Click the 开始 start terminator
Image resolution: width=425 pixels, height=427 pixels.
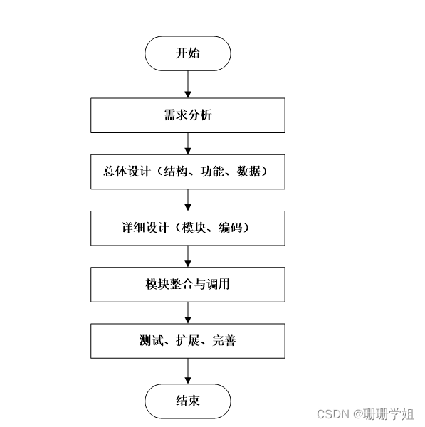tap(188, 53)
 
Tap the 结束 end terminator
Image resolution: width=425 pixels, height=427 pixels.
tap(188, 401)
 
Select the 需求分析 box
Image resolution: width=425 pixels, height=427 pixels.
tap(188, 115)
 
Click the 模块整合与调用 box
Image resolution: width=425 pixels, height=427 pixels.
tap(188, 285)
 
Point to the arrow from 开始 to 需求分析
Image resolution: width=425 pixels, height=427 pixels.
tap(188, 84)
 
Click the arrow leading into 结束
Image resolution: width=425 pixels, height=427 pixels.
tap(188, 371)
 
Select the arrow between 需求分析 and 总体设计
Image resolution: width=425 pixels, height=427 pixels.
tap(188, 143)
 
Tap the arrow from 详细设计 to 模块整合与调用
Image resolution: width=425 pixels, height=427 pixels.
tap(188, 256)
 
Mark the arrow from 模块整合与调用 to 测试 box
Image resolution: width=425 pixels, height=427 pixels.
tap(188, 312)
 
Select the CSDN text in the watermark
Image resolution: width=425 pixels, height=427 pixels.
tap(330, 414)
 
